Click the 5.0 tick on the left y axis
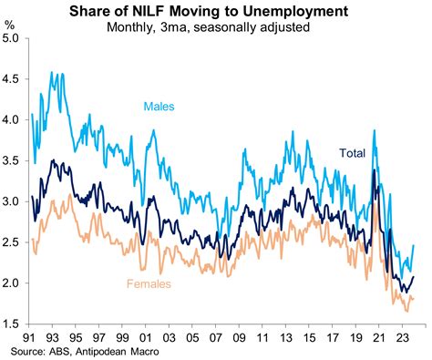tap(14, 38)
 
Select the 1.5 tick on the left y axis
tap(14, 324)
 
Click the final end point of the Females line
tap(415, 297)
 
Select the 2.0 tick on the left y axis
tap(14, 283)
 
